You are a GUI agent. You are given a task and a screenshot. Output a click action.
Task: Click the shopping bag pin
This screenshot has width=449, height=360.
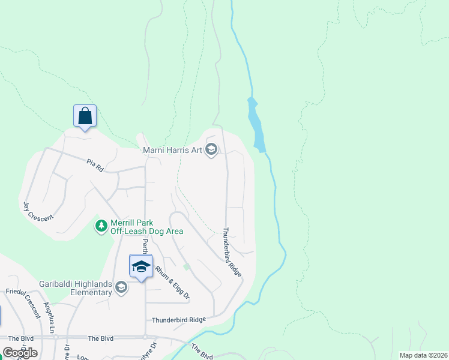85,116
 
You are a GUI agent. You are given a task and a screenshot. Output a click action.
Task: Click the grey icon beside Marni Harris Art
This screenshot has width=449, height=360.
211,149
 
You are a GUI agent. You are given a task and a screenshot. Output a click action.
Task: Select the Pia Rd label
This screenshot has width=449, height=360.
95,165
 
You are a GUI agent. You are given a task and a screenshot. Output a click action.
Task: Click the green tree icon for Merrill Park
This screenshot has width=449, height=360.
101,226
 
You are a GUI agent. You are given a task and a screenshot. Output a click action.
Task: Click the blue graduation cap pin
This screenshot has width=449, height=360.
141,266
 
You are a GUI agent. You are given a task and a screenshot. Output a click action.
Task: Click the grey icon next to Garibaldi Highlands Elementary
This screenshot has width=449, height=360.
121,288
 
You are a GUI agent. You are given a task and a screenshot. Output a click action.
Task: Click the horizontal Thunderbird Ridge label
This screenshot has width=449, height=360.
179,320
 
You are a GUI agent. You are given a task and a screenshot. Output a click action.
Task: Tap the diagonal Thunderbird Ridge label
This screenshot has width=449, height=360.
232,251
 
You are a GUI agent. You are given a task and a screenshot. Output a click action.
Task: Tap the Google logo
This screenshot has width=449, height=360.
20,352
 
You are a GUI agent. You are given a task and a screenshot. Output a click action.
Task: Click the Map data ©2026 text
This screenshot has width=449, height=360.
423,355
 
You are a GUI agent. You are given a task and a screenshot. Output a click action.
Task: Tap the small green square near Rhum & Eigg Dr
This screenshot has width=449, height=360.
187,266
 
